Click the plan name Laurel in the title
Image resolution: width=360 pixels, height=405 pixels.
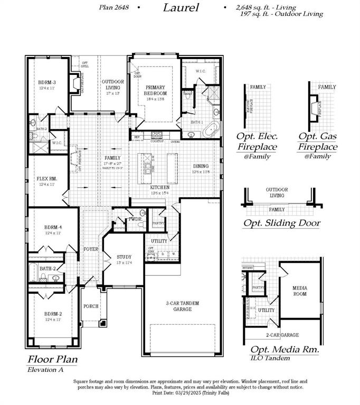181,7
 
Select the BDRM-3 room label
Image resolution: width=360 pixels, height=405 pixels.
47,83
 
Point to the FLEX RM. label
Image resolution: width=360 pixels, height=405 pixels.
47,179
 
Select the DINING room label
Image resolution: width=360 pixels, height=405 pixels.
200,166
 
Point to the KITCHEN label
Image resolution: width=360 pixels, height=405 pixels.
159,188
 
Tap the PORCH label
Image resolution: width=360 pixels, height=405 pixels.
90,306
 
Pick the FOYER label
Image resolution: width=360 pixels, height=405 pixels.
91,249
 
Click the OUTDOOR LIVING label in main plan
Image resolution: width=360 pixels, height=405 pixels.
112,84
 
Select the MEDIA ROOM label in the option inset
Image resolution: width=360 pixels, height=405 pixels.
299,291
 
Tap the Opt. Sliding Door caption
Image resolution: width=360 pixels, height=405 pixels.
281,223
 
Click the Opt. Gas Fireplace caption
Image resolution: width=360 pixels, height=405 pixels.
317,141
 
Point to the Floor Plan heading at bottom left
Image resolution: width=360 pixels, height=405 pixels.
52,360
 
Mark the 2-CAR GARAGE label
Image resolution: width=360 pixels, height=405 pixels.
282,335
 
